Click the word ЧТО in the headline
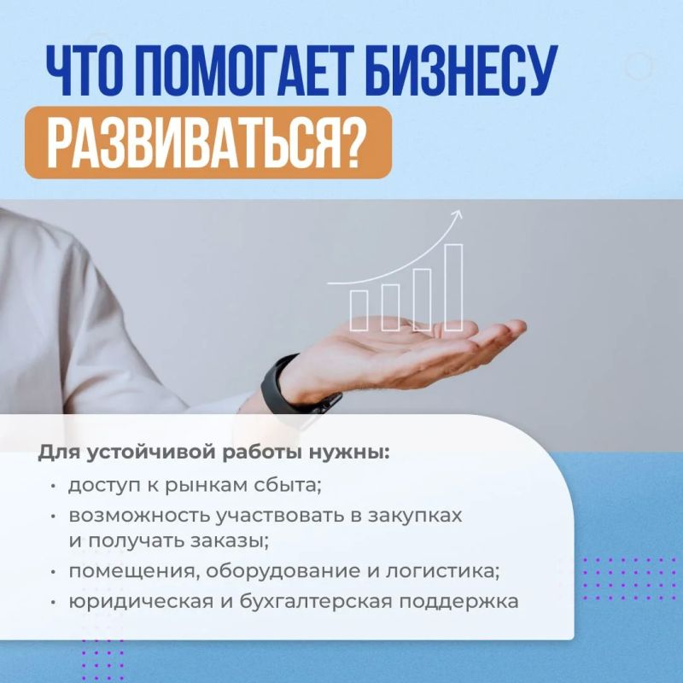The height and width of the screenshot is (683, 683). point(82,70)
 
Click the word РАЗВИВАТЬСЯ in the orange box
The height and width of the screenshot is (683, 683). point(188,143)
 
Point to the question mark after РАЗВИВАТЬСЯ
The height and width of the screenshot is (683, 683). point(347,143)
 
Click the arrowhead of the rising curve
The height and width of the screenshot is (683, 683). point(457,214)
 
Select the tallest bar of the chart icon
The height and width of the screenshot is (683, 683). point(453,288)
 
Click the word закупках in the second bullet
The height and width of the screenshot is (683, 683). point(415,516)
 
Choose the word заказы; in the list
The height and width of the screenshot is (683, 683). point(230,541)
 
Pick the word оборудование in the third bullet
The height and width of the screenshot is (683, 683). point(283,571)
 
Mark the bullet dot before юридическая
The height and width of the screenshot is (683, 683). point(53,603)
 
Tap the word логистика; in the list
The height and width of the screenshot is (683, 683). point(442,571)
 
